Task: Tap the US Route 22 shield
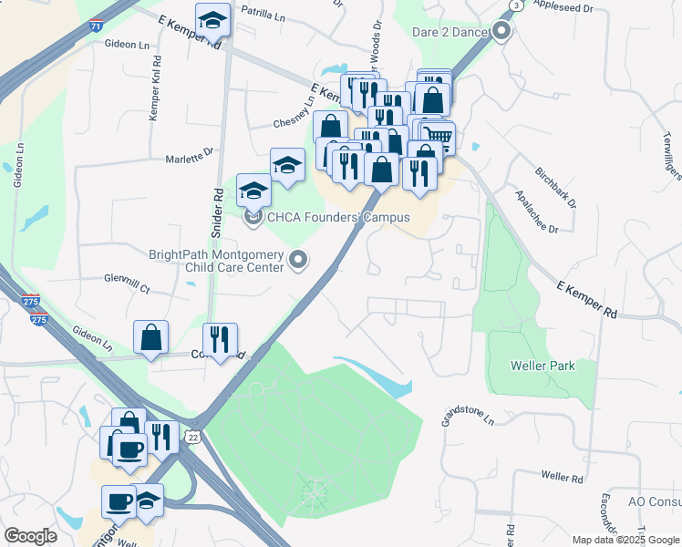(x=193, y=438)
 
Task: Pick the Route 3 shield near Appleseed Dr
(x=517, y=5)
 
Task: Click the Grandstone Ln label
(x=469, y=416)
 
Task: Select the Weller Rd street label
(x=562, y=477)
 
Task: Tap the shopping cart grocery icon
(x=439, y=136)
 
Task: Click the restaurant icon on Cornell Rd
(x=220, y=339)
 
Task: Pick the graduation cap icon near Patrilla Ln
(x=213, y=18)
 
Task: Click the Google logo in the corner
(x=30, y=536)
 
